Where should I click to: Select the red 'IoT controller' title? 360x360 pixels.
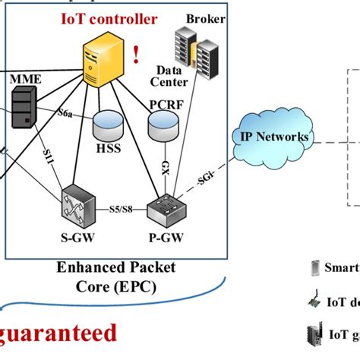click(110, 17)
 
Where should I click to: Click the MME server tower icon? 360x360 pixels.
click(24, 107)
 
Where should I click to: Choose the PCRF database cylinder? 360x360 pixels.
click(163, 123)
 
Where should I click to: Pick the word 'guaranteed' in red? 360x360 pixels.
click(61, 333)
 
